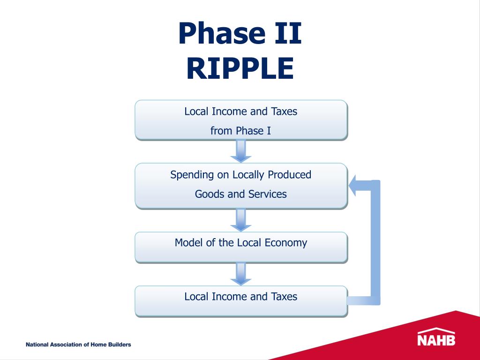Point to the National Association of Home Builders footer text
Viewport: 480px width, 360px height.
78,345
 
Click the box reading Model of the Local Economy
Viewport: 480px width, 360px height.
241,247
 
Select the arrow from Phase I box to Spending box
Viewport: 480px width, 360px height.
241,151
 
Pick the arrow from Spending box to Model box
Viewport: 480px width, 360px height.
241,220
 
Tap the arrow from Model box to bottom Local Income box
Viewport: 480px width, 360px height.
241,274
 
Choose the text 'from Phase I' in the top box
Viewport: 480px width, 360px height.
240,131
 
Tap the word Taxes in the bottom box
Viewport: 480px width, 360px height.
284,296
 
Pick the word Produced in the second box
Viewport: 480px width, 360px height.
289,175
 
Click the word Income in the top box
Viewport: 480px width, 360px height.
230,112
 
